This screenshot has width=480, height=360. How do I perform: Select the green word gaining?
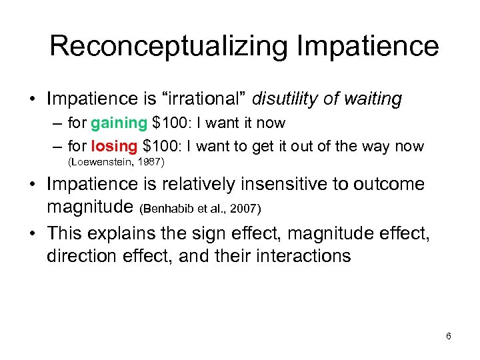coord(118,123)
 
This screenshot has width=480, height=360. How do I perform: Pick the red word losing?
coord(113,145)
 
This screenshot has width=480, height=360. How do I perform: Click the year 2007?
coord(245,210)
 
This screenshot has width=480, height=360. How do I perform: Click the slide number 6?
coord(449,336)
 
